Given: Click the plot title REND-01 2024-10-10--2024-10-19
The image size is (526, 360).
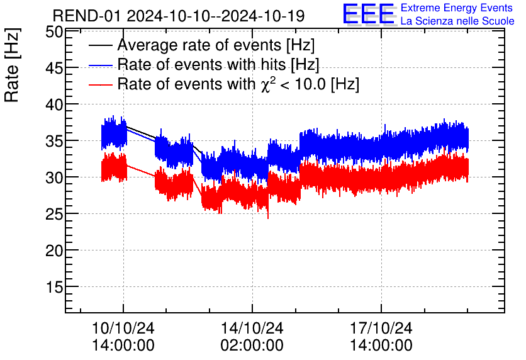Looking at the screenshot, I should click(x=179, y=15).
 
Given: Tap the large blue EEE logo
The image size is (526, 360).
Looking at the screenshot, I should click(x=369, y=14).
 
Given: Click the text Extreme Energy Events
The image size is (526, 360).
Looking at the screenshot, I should click(x=457, y=8).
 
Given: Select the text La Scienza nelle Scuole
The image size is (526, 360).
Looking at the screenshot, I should click(x=457, y=21).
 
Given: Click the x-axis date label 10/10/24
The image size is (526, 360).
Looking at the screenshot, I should click(x=123, y=329).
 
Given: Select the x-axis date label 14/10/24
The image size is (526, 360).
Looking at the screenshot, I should click(x=252, y=329).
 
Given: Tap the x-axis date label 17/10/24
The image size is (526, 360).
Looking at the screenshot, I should click(x=381, y=329).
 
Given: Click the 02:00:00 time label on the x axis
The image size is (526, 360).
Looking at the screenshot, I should click(x=252, y=346).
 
